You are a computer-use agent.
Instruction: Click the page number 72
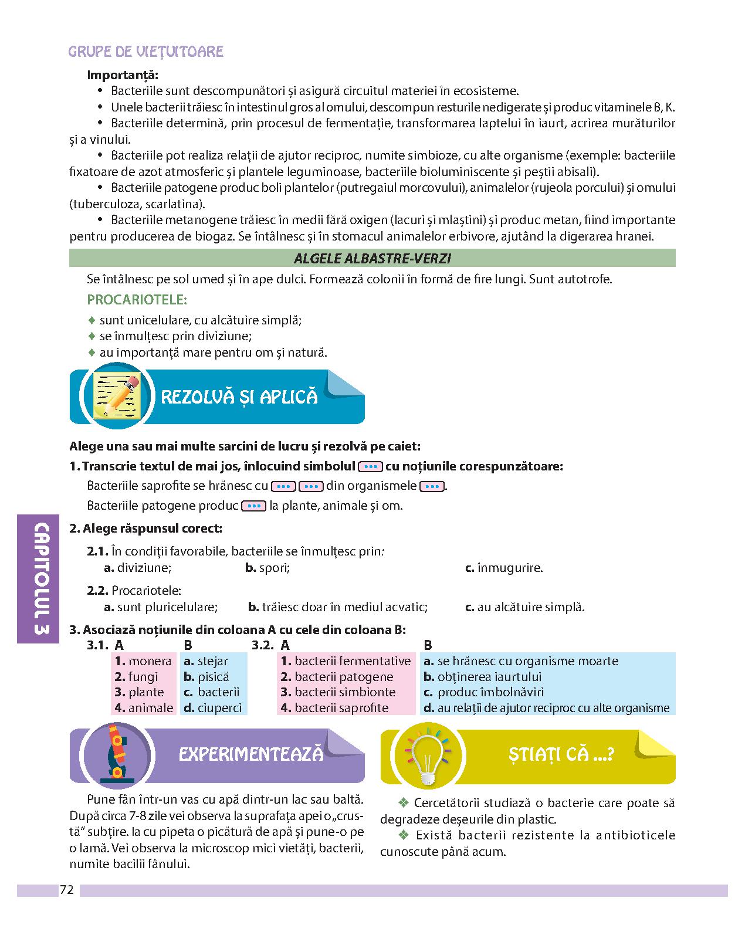[x=66, y=890]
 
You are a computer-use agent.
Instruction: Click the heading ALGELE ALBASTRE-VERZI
[x=372, y=259]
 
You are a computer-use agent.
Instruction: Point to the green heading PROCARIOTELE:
[x=137, y=300]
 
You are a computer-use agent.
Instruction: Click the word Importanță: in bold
[x=123, y=75]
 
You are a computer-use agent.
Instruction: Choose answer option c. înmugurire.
[x=504, y=568]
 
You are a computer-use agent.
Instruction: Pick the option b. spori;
[x=267, y=568]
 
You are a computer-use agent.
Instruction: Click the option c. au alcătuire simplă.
[x=524, y=607]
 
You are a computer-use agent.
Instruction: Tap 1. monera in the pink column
[x=143, y=661]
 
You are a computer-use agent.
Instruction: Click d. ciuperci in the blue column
[x=212, y=708]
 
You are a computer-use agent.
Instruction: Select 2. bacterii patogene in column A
[x=337, y=677]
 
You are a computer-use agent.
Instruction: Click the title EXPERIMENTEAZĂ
[x=251, y=754]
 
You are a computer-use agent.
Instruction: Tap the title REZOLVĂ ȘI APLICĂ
[x=239, y=397]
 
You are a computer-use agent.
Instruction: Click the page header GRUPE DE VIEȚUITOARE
[x=146, y=52]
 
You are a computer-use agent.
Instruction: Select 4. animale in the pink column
[x=144, y=708]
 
